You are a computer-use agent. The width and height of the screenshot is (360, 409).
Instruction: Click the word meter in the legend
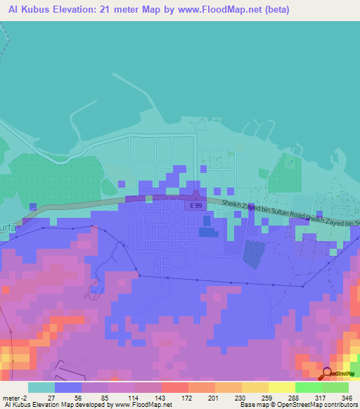coord(12,398)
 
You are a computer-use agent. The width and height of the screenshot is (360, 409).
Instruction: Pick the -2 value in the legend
coord(27,398)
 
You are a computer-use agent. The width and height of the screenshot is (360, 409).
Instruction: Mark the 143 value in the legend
coord(160,398)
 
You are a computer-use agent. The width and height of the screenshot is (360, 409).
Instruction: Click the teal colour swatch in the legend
coord(41,387)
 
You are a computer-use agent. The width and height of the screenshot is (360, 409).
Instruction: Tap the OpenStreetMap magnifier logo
coord(326,372)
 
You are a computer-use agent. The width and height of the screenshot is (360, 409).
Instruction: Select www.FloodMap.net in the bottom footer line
coord(141,405)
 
